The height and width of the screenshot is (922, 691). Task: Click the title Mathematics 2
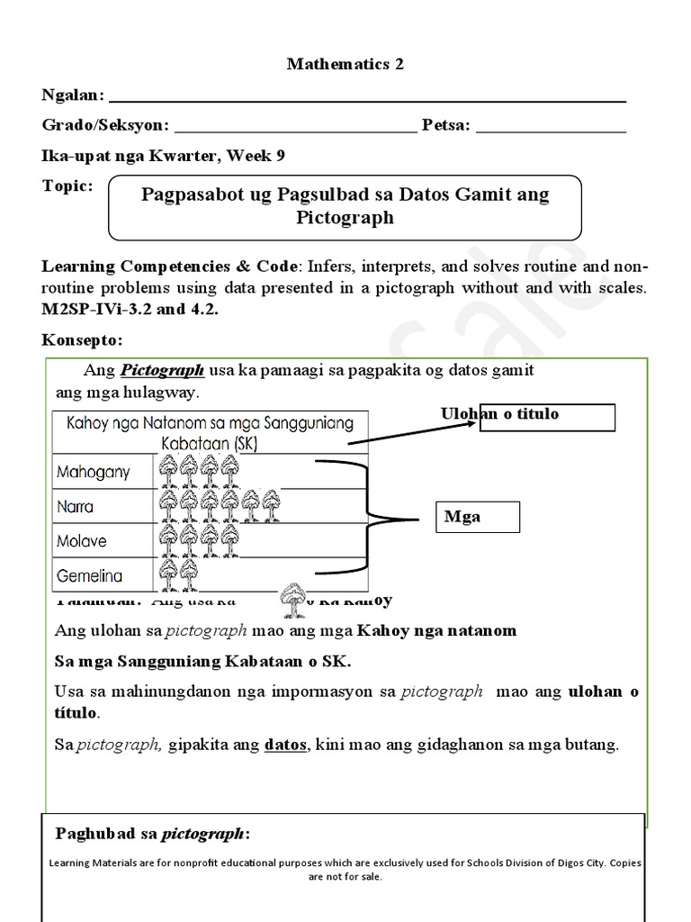click(x=345, y=64)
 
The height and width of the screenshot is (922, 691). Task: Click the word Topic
click(x=67, y=185)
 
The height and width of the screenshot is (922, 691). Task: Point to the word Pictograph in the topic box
click(x=345, y=218)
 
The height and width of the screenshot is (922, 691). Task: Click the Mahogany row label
click(x=94, y=472)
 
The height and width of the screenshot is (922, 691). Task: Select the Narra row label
click(x=76, y=506)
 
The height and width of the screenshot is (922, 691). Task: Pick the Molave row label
click(x=82, y=541)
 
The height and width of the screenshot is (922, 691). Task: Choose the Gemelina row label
click(x=90, y=575)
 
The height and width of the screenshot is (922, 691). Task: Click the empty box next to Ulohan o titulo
click(x=547, y=418)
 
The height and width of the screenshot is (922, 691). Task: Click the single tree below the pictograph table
click(x=292, y=595)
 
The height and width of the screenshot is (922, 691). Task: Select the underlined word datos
click(x=285, y=745)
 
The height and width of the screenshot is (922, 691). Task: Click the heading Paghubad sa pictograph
click(x=153, y=832)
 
